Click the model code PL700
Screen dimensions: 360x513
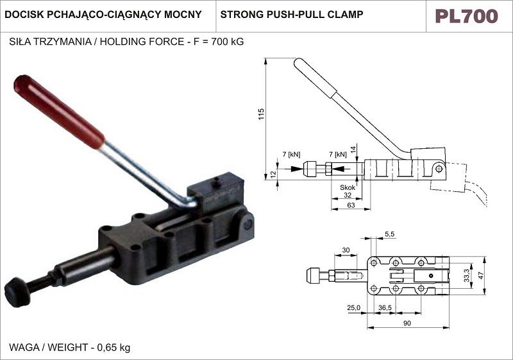(466, 16)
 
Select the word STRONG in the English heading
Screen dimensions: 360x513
(239, 13)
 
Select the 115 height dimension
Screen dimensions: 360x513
(261, 116)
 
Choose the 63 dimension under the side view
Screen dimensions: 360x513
(351, 205)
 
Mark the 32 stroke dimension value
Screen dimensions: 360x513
(347, 195)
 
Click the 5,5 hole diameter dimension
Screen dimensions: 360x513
(390, 234)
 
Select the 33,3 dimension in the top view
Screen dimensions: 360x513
(467, 277)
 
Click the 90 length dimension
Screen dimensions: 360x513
(407, 323)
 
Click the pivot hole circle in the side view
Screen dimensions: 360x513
(439, 168)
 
